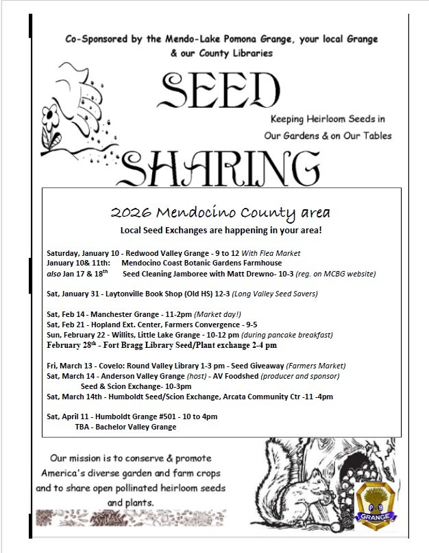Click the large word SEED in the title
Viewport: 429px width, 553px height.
click(x=221, y=91)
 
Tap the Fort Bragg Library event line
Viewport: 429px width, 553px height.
click(x=162, y=345)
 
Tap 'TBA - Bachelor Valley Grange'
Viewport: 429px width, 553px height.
click(x=125, y=427)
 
